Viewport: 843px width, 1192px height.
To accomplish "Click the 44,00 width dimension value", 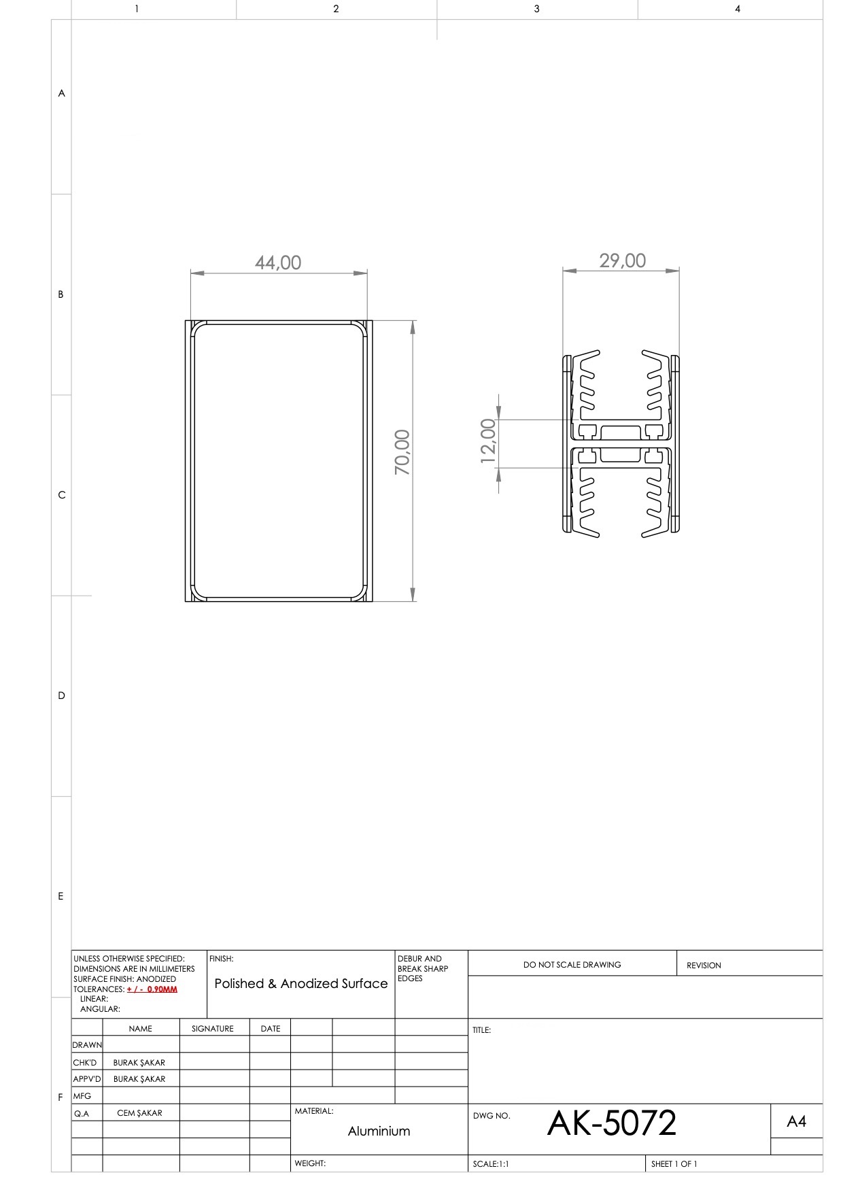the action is [278, 262].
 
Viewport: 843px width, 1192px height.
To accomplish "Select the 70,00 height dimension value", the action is [402, 452].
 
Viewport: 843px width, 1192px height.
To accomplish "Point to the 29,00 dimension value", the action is [623, 260].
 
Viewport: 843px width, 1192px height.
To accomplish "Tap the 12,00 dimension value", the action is [488, 441].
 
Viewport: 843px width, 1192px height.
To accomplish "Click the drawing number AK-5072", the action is [612, 1123].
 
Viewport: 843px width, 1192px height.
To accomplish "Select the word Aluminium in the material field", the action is [379, 1131].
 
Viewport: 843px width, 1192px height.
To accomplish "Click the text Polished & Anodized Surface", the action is [301, 983].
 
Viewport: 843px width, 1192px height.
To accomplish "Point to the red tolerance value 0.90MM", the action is [162, 989].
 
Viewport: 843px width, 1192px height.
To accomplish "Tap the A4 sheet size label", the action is [797, 1121].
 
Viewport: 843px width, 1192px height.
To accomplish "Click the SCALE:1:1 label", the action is [491, 1163].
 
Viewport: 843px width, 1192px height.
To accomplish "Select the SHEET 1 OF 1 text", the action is [674, 1163].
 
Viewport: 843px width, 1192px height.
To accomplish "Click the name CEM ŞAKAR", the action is [139, 1112].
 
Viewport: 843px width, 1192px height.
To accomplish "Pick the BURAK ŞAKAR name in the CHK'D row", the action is [139, 1062].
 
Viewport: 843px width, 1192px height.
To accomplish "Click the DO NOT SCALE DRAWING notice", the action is [572, 964].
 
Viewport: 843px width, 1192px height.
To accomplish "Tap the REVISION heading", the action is [704, 965].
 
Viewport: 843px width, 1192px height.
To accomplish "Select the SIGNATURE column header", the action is [213, 1028].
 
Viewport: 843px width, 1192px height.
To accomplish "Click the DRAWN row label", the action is [87, 1044].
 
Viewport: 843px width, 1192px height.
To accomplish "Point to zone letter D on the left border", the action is [61, 696].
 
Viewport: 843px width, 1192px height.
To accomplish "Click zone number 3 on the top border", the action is [536, 9].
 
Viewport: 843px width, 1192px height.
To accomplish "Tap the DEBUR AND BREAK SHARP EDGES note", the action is [423, 968].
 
